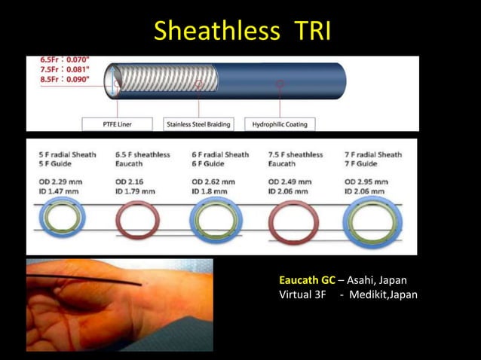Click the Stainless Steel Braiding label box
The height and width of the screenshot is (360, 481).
[198, 124]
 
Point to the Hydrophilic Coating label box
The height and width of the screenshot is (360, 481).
[280, 124]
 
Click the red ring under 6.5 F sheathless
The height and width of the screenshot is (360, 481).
[137, 220]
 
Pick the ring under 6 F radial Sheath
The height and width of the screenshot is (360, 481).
[216, 221]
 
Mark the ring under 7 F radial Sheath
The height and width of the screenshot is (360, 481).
[372, 221]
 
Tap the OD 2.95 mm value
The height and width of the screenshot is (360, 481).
[366, 182]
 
